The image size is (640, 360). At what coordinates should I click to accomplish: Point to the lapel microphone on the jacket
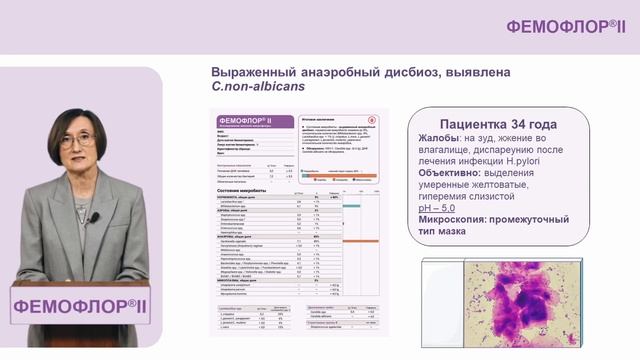[x=93, y=217]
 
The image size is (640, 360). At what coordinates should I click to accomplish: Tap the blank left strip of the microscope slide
[x=442, y=300]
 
